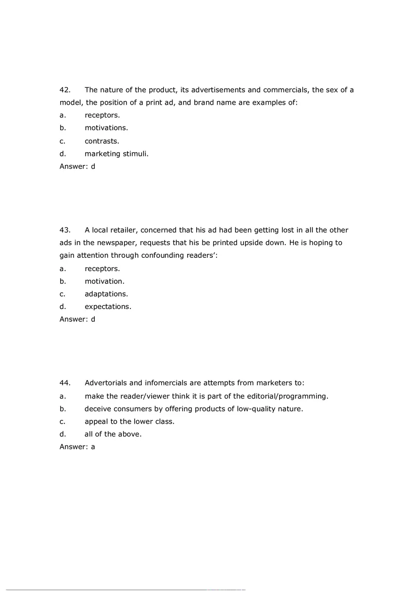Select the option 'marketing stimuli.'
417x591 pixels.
pos(117,154)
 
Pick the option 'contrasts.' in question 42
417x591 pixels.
pos(102,141)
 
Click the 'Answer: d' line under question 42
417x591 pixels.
pos(77,166)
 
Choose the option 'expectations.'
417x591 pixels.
pos(108,307)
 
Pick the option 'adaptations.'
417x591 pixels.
pos(106,294)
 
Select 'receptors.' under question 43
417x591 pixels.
pos(102,269)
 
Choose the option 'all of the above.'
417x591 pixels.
pos(113,434)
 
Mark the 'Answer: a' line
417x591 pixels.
pos(77,446)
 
